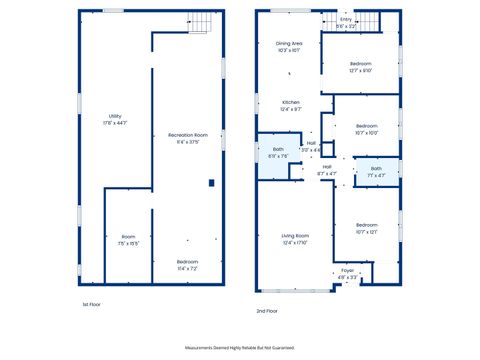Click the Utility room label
[114, 120]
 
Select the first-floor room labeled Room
[129, 239]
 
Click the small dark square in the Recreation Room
[211, 182]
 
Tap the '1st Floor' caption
[92, 304]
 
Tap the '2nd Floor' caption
[268, 312]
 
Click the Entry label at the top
[345, 21]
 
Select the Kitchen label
[291, 105]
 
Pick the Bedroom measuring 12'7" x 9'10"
[360, 67]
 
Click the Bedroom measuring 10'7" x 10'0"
[366, 129]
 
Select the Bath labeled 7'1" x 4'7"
[376, 171]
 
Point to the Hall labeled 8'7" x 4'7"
[327, 170]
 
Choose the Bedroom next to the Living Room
[366, 228]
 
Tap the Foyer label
[347, 273]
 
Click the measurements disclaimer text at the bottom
[240, 347]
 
